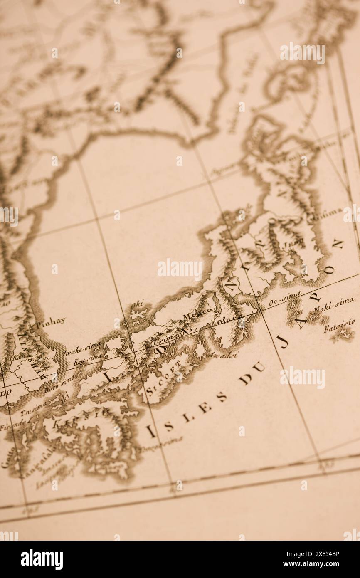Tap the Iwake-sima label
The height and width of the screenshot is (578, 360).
point(76,348)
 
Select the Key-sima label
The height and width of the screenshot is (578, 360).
point(88,359)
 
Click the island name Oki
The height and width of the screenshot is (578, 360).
point(137,305)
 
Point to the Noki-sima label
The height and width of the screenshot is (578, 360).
point(334,305)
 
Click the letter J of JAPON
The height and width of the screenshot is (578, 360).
point(283,342)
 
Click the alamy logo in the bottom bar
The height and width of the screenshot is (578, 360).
point(42,559)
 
